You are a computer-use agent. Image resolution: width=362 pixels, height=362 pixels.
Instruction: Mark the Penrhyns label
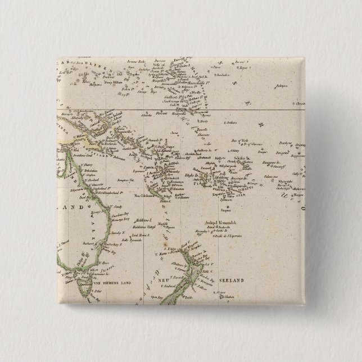[283, 143]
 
